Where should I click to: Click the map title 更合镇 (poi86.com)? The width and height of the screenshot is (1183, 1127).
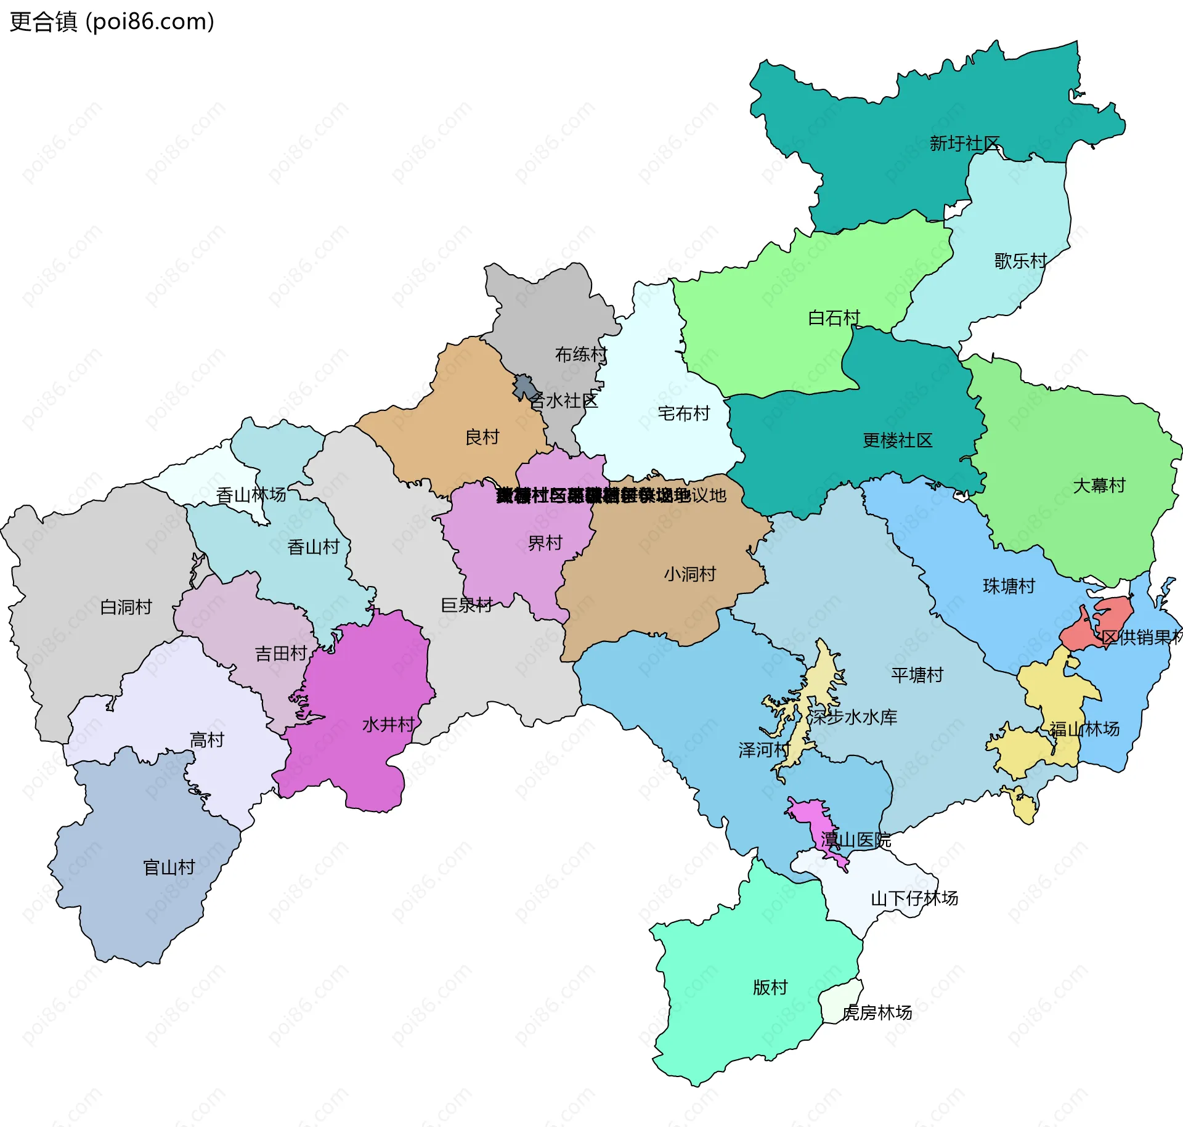[112, 22]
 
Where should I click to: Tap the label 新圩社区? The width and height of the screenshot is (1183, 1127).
[964, 144]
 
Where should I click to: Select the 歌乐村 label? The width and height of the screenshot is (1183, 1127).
[1020, 261]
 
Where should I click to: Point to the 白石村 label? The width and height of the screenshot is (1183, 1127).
[834, 318]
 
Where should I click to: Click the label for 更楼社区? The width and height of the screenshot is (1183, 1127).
[897, 440]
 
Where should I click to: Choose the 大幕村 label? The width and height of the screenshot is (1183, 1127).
[1099, 486]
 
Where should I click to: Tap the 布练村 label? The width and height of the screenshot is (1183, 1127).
[580, 354]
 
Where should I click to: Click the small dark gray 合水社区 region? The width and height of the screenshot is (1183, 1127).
[525, 386]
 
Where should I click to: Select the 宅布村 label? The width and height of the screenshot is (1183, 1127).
[683, 413]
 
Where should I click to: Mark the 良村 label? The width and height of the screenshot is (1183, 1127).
[482, 437]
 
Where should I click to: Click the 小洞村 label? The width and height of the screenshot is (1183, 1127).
[689, 574]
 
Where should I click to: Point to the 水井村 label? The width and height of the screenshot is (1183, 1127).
[388, 724]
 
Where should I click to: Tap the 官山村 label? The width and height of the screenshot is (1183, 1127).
[169, 868]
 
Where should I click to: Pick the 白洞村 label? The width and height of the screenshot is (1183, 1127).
[126, 607]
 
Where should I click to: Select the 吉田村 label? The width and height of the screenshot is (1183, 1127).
[281, 653]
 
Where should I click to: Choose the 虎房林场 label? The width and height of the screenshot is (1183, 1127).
[877, 1012]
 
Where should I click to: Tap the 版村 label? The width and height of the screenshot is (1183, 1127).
[770, 987]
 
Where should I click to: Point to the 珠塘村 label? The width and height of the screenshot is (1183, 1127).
[1009, 586]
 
